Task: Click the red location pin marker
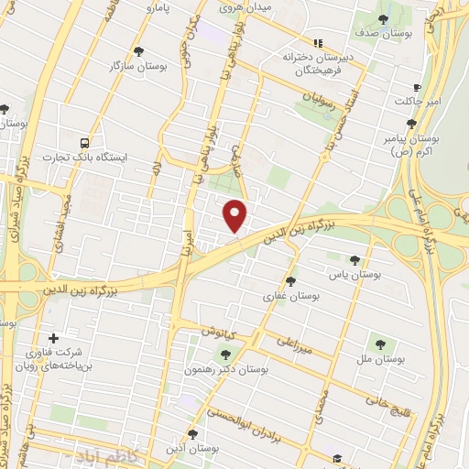tap(235, 214)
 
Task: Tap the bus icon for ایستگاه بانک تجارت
tap(85, 143)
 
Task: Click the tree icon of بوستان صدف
tap(383, 18)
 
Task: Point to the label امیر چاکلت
tap(417, 100)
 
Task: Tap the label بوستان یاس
tap(354, 274)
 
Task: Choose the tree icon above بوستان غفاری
tap(291, 281)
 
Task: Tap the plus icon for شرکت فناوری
tap(53, 338)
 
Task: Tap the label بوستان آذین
tap(191, 448)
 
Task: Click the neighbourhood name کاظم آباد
tap(94, 455)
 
